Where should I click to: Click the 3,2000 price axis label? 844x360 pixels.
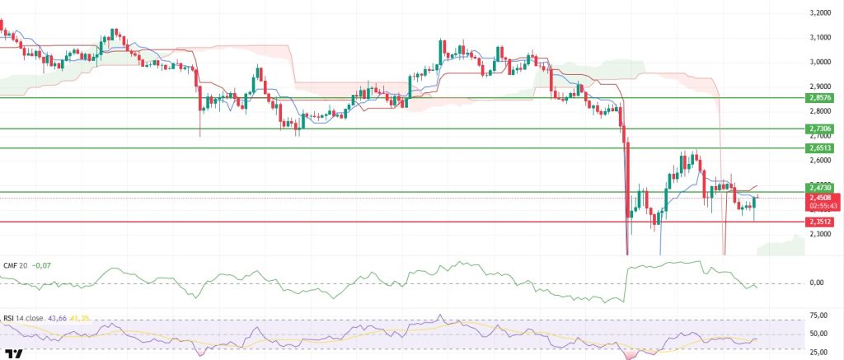coord(821,13)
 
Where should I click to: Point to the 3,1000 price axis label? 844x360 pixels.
coord(821,38)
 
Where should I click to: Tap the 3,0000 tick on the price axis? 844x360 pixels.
coord(821,62)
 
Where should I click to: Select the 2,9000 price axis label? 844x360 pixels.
coord(821,86)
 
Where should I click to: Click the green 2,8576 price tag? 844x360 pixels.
coord(822,97)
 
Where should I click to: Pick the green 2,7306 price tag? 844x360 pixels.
coord(822,129)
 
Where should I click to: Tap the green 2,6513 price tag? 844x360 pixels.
coord(822,148)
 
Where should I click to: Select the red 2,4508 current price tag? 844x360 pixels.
coord(822,198)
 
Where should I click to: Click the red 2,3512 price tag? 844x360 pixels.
coord(822,222)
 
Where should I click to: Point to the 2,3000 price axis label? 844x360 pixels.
coord(821,234)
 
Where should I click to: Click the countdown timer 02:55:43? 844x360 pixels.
coord(822,206)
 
